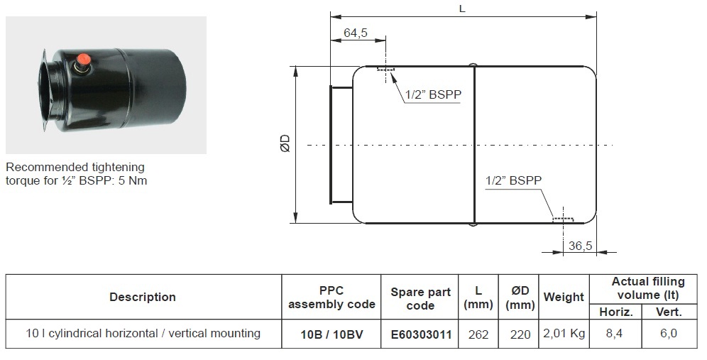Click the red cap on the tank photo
pyautogui.click(x=83, y=59)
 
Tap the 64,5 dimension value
pyautogui.click(x=356, y=33)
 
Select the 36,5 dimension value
pyautogui.click(x=581, y=246)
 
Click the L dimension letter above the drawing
pyautogui.click(x=462, y=9)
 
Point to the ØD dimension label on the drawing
pyautogui.click(x=285, y=143)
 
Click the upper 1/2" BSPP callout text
pyautogui.click(x=433, y=94)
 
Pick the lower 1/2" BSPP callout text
pyautogui.click(x=513, y=180)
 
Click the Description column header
pyautogui.click(x=143, y=297)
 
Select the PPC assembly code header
pyautogui.click(x=331, y=298)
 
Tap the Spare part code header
pyautogui.click(x=420, y=298)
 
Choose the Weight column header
pyautogui.click(x=564, y=297)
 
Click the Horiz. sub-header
pyautogui.click(x=616, y=312)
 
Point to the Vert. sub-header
pyautogui.click(x=669, y=312)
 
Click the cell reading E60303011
pyautogui.click(x=420, y=334)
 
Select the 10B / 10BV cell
pyautogui.click(x=331, y=334)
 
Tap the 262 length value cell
pyautogui.click(x=478, y=334)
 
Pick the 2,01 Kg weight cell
pyautogui.click(x=564, y=334)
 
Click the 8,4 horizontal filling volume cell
pyautogui.click(x=614, y=334)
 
